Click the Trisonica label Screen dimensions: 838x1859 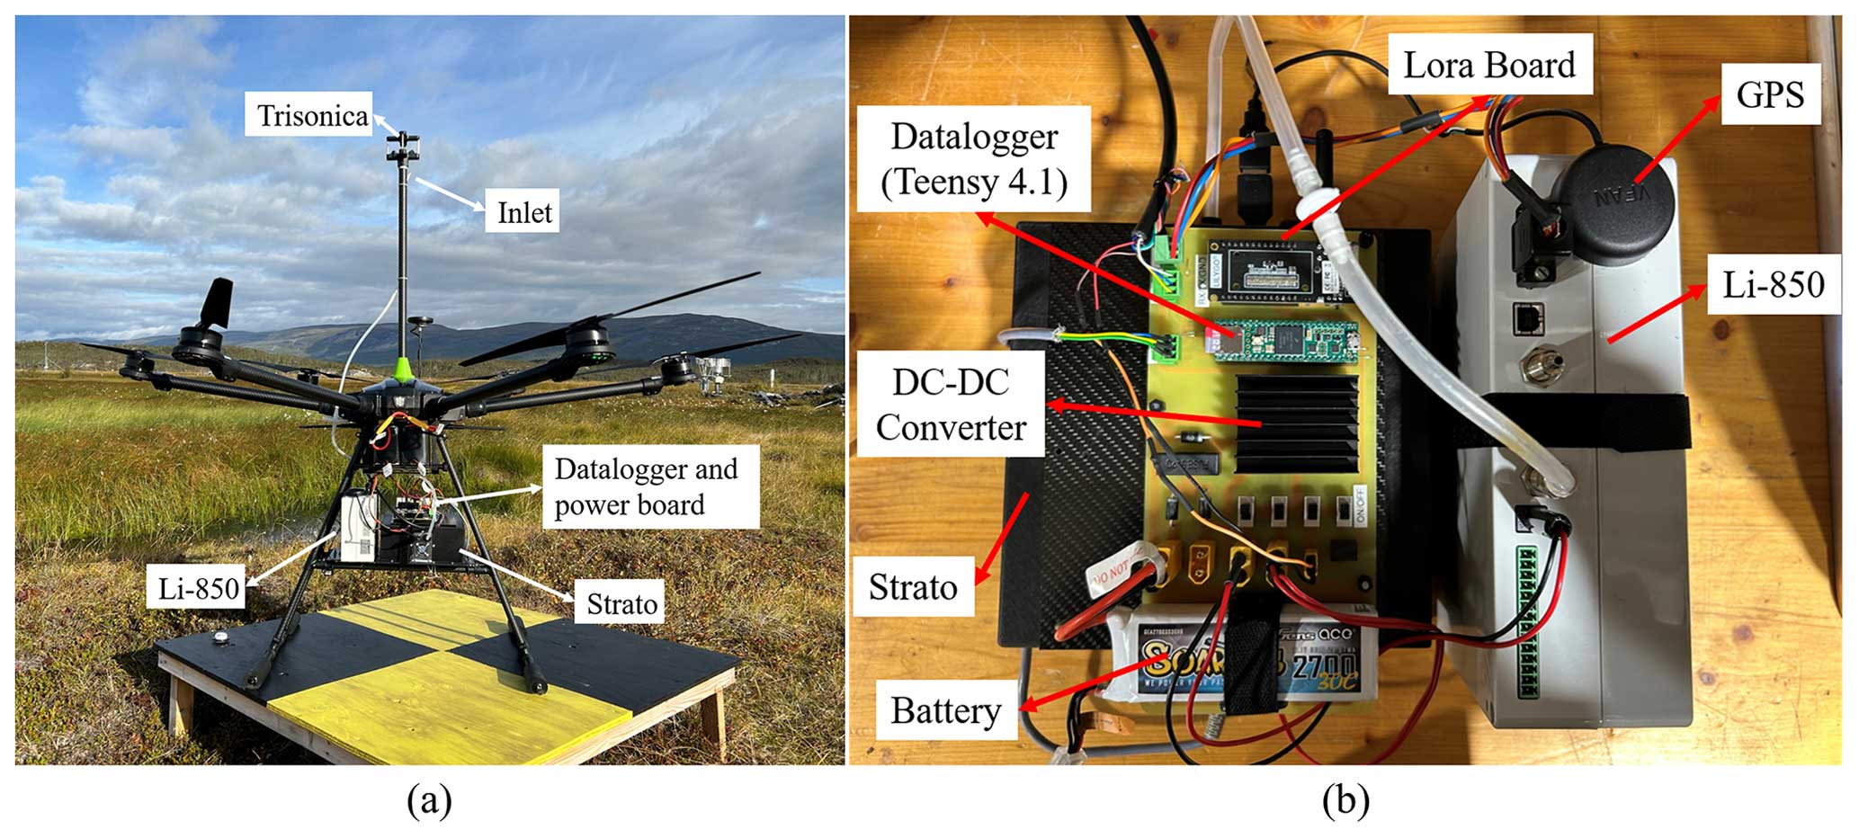tap(311, 116)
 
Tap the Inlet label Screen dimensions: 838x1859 tap(523, 213)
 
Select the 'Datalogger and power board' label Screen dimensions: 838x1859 tap(647, 486)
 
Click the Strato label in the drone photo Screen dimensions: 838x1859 tap(621, 603)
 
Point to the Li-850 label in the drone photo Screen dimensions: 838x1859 tap(198, 589)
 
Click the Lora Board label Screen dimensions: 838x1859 tap(1488, 66)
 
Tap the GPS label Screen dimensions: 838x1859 tap(1769, 94)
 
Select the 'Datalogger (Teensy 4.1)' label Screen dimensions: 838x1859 tap(974, 159)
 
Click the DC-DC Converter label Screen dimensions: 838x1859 tap(951, 405)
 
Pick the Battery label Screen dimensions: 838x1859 tap(945, 711)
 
